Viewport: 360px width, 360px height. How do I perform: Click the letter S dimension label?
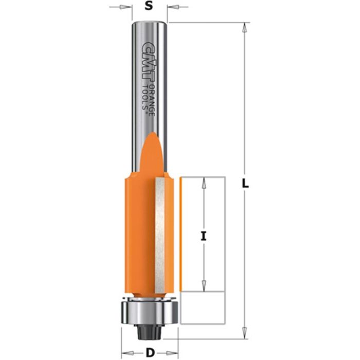click(x=148, y=7)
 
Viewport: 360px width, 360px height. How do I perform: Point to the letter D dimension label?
click(x=149, y=353)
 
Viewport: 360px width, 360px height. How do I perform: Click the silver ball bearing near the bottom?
click(x=149, y=311)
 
